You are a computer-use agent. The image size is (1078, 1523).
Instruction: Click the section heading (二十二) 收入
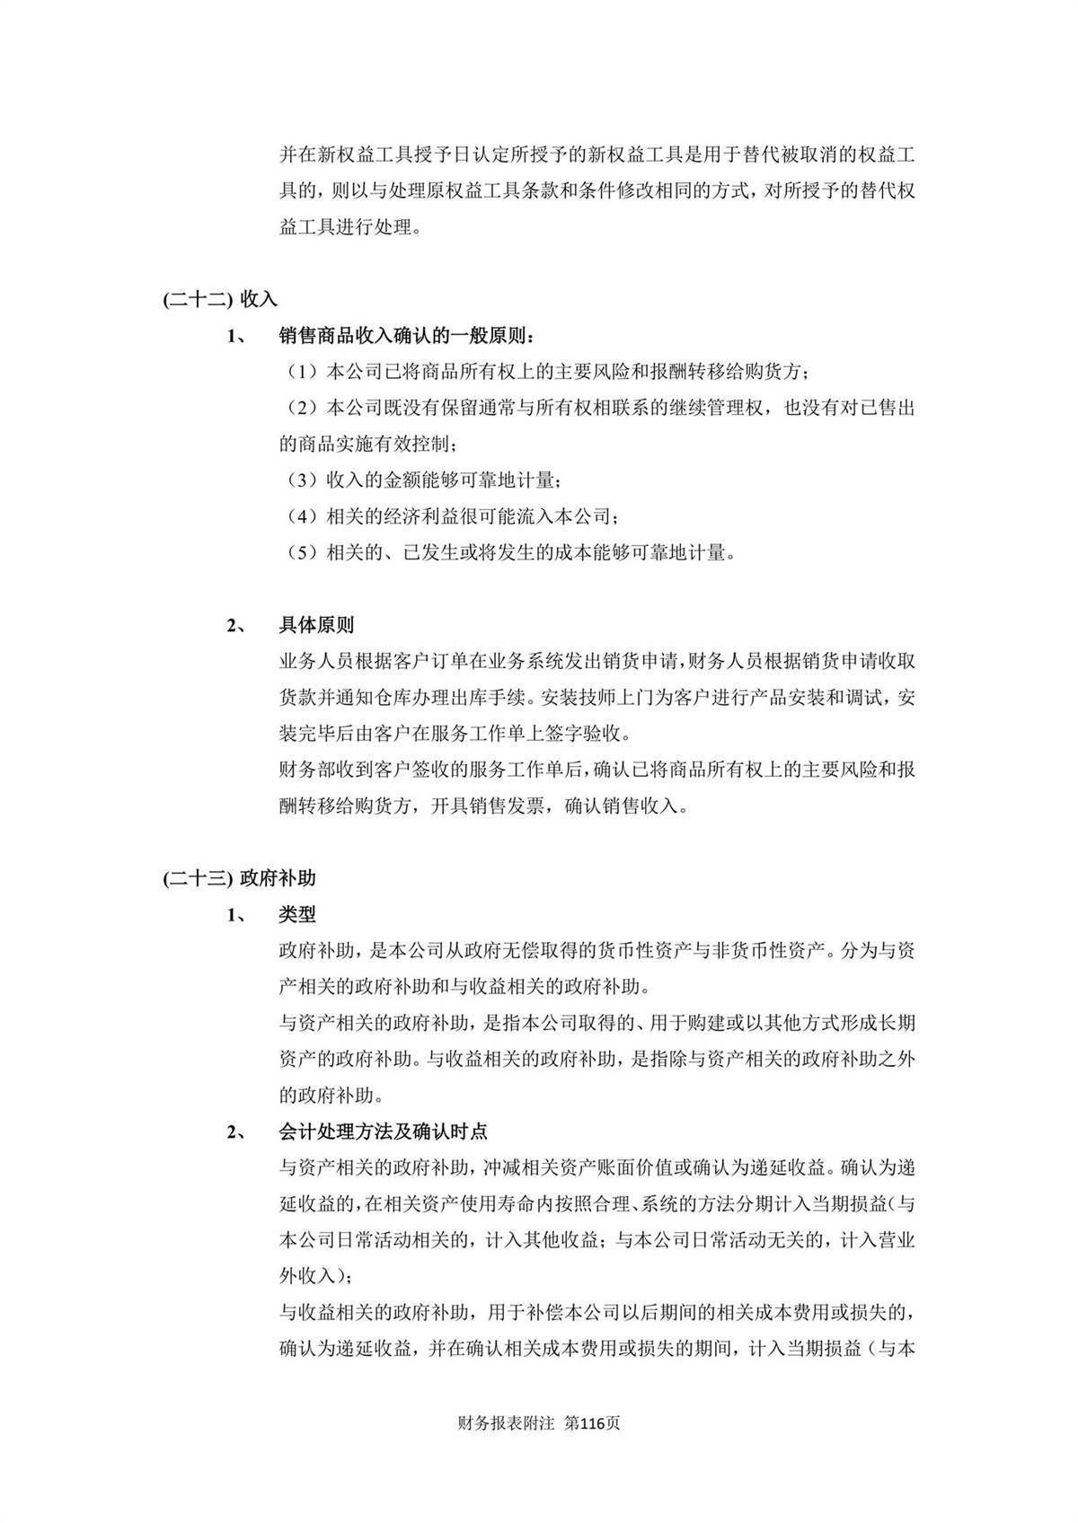click(x=220, y=300)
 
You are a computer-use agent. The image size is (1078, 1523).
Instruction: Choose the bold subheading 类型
click(x=297, y=914)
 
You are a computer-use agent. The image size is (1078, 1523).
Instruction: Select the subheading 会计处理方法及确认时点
click(x=384, y=1131)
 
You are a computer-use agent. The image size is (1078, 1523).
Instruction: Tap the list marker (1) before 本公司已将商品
click(x=303, y=372)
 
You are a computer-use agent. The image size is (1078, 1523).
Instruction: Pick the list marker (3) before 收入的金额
click(x=303, y=480)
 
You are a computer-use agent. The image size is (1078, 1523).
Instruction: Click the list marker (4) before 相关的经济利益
click(x=303, y=516)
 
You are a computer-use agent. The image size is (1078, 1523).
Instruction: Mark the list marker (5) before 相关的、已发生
click(x=303, y=552)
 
